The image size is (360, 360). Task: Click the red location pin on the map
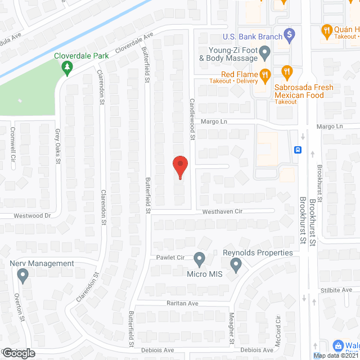[179, 166]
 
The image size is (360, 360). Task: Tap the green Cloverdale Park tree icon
[67, 69]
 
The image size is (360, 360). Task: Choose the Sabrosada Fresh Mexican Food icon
[287, 71]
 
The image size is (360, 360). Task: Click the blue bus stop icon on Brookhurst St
[298, 150]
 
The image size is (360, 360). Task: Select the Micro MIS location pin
[199, 259]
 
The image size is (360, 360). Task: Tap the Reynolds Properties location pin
[236, 264]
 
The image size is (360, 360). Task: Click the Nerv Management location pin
[22, 276]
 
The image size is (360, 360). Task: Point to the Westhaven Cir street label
[222, 211]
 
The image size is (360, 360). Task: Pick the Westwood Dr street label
[33, 215]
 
